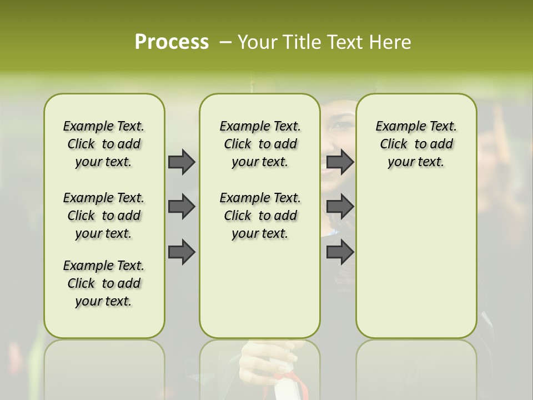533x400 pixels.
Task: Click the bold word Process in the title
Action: [x=172, y=42]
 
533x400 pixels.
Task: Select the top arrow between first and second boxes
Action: [x=182, y=162]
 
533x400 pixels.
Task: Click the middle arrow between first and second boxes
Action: [x=182, y=207]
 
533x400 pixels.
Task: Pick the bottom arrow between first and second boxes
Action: [x=182, y=252]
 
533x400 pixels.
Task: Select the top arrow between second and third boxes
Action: [x=340, y=162]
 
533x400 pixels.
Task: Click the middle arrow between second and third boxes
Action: [x=340, y=207]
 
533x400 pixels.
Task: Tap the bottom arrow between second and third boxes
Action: [x=340, y=252]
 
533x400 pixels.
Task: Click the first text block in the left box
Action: [x=104, y=144]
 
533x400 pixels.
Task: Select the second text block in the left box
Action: [x=104, y=216]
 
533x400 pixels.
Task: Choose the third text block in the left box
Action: [x=104, y=283]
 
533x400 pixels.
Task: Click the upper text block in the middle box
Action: [x=260, y=144]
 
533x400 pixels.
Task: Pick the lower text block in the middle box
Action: [x=260, y=216]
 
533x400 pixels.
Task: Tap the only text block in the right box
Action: [x=416, y=144]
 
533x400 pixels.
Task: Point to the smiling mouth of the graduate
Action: [x=332, y=167]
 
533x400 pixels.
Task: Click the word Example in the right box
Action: [x=396, y=127]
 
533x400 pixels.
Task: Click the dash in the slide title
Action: [x=225, y=42]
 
